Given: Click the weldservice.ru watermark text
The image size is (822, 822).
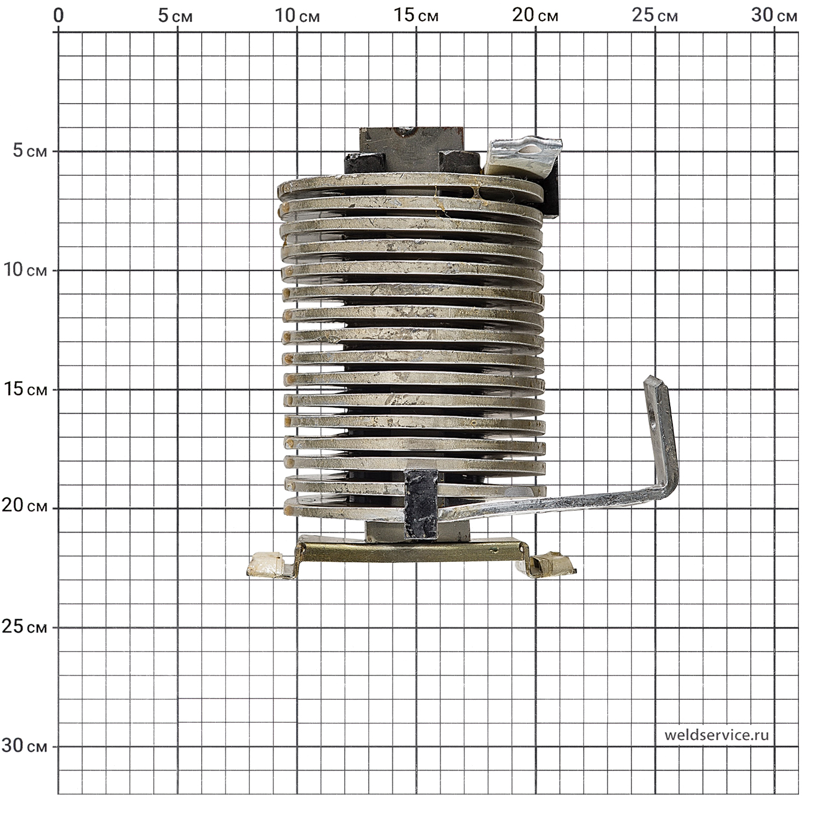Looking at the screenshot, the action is click(x=717, y=735).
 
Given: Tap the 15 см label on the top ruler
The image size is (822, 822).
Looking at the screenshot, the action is click(x=416, y=15).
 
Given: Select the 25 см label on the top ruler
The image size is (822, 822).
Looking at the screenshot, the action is click(x=655, y=15).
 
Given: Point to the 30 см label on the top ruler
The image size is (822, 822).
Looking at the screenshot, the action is click(x=774, y=15).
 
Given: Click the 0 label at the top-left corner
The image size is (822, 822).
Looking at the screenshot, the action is click(x=58, y=15).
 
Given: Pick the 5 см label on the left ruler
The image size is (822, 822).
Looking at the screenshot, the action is click(x=30, y=151).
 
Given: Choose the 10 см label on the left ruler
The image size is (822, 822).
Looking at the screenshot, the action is click(x=24, y=270).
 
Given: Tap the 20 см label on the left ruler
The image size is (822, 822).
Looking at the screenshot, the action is click(x=24, y=506).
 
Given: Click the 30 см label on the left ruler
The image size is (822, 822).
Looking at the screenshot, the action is click(x=24, y=746).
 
